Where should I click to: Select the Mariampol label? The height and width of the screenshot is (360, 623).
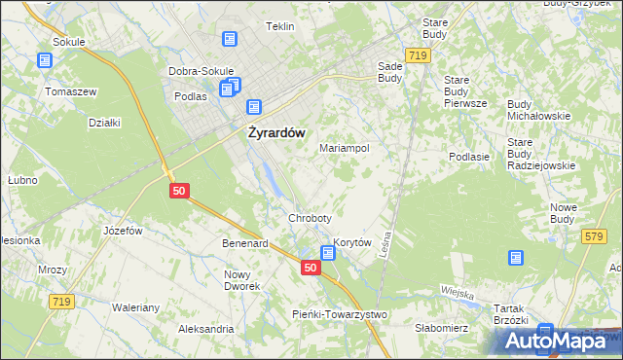tap(344, 148)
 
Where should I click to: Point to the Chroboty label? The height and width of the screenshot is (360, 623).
tap(310, 218)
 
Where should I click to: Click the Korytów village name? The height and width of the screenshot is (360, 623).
tap(353, 242)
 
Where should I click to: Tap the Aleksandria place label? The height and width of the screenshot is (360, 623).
tap(205, 329)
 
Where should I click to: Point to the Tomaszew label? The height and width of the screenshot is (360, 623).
tap(70, 91)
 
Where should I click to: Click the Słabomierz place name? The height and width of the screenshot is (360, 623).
tap(442, 328)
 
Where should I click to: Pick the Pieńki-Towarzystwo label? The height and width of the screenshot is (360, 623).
tap(340, 314)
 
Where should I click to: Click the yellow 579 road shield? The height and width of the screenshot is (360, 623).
tap(593, 236)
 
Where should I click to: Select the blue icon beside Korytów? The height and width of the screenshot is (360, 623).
tap(328, 253)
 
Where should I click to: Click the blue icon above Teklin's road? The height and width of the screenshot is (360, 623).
tap(230, 40)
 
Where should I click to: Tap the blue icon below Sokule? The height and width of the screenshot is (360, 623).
tap(45, 60)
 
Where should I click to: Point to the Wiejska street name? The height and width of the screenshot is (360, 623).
tap(456, 293)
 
